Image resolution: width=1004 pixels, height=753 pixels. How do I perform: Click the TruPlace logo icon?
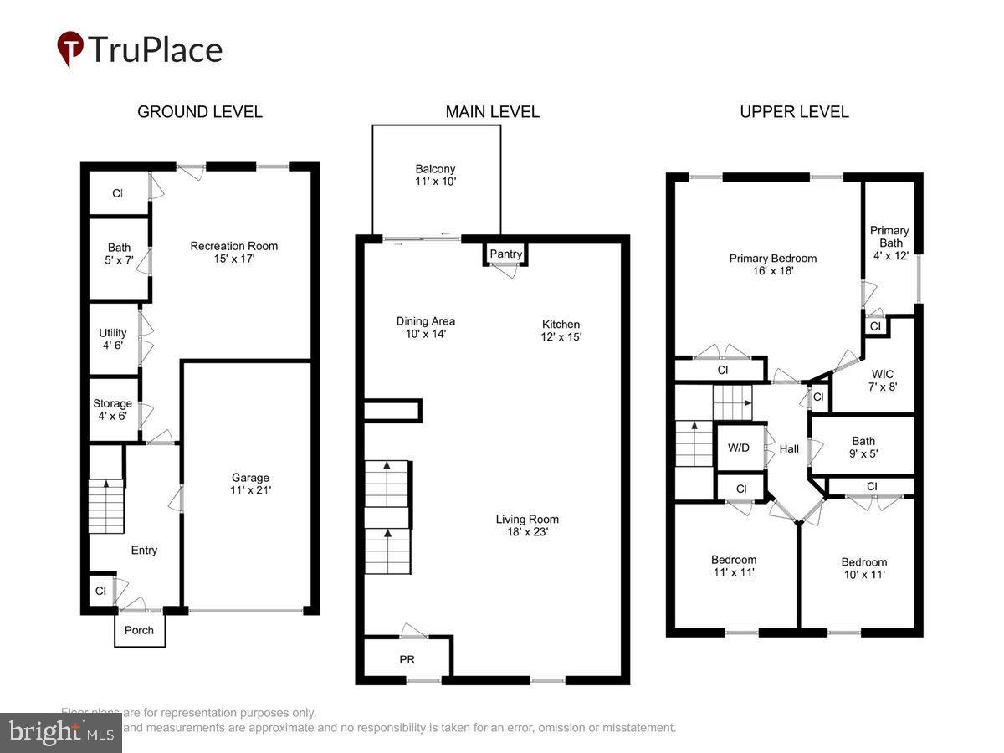coord(70,49)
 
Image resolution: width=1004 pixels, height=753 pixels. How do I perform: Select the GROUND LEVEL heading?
coord(199,112)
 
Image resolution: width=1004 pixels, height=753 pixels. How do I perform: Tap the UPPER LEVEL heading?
coord(794,112)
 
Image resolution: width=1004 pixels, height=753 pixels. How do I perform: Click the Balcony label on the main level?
coord(435,174)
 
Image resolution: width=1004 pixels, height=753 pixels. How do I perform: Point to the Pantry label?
coord(505,254)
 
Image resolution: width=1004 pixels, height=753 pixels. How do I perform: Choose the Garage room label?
coord(251,484)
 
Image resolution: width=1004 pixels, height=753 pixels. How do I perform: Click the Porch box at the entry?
coord(139,630)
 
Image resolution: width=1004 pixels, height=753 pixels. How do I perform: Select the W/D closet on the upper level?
coord(739,448)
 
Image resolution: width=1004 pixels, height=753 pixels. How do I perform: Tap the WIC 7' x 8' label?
coord(884,380)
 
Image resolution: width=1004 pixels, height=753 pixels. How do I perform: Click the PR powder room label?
coord(407,659)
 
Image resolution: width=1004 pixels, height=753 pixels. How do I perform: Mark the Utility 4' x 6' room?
coord(113,339)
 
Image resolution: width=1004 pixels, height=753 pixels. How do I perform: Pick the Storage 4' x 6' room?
coord(113,409)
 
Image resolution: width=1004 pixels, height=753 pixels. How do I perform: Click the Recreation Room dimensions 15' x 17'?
coord(233,259)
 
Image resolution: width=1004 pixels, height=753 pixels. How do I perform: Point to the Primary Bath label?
coord(889,243)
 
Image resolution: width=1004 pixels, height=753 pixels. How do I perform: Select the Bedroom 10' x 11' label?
coord(863,568)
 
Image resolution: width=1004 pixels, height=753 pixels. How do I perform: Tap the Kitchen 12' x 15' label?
coord(561,330)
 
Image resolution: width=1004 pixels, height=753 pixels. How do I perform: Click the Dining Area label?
coord(425,327)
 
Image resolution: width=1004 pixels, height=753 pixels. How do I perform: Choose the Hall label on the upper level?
coord(789,449)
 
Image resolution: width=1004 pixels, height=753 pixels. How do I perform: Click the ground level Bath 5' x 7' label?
coord(119,254)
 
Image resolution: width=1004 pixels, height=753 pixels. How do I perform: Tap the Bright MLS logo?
coord(60,733)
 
